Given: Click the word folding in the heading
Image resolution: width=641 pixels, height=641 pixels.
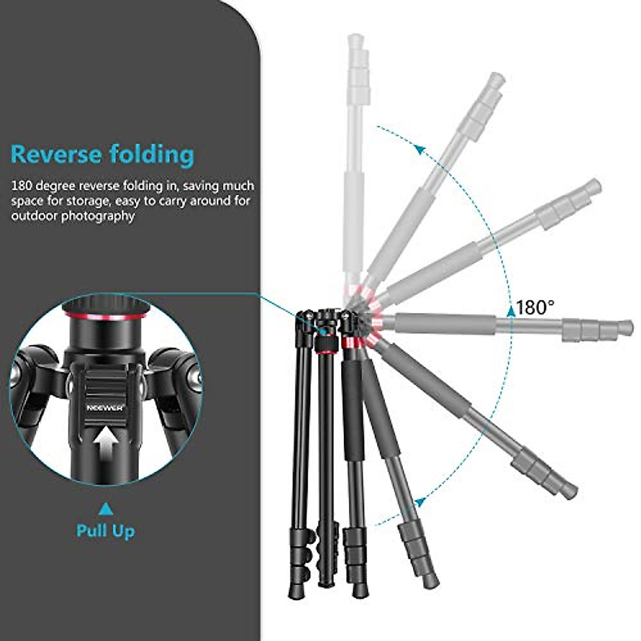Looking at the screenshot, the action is (151, 154).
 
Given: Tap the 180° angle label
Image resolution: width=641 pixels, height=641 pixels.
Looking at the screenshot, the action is (535, 308).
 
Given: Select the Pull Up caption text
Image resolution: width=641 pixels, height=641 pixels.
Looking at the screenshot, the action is (105, 531).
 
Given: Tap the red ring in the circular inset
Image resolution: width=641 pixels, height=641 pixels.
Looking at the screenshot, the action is (106, 317).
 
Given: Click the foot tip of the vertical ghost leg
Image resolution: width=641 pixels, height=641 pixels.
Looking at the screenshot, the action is (354, 40).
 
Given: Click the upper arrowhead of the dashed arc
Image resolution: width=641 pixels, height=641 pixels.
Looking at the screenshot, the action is (421, 150).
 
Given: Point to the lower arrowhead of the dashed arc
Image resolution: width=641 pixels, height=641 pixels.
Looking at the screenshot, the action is (421, 502).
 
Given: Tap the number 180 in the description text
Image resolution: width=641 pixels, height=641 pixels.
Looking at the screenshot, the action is (22, 186).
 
